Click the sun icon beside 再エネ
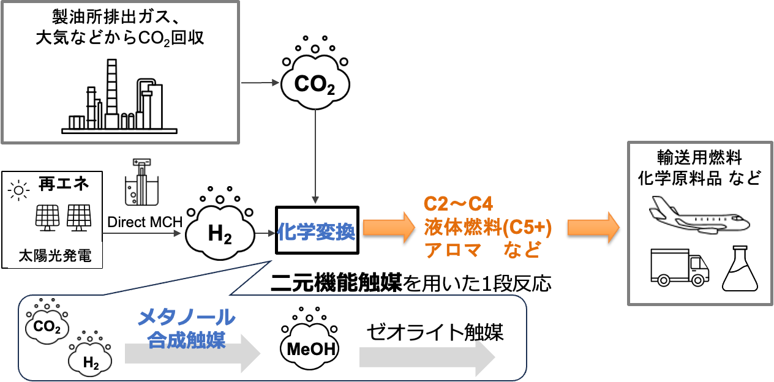click(18, 191)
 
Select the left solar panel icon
click(47, 217)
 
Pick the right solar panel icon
click(79, 217)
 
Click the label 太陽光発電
click(54, 256)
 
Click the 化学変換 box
click(316, 233)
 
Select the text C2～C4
click(459, 204)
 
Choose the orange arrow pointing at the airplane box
click(593, 227)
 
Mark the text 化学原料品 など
click(699, 179)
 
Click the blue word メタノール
click(186, 317)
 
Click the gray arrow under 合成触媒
click(193, 354)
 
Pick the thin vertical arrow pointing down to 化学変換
click(315, 156)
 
